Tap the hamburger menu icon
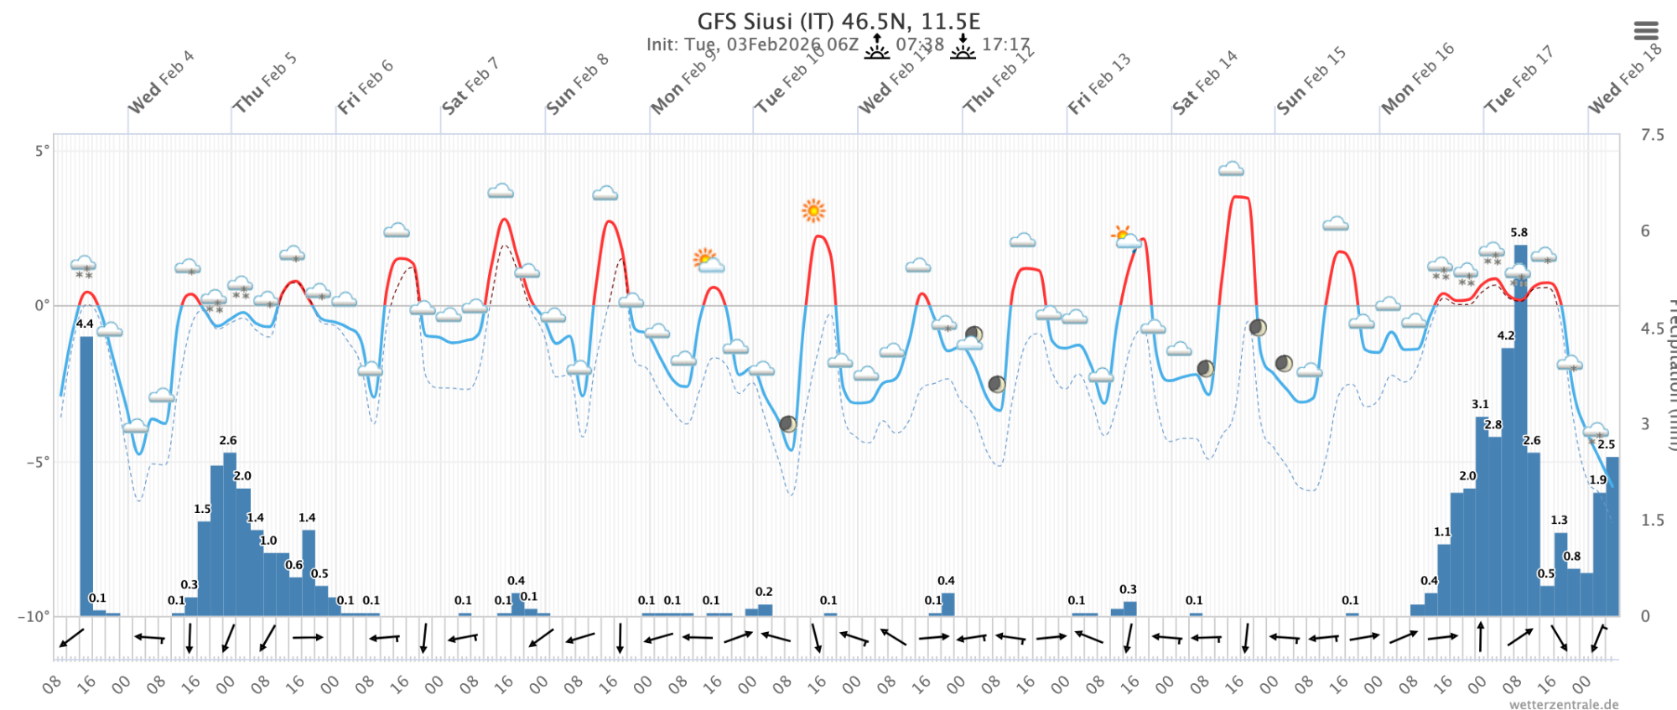tap(1646, 31)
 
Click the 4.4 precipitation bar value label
tap(85, 324)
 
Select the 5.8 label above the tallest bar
tap(1519, 232)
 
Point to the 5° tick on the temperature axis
tap(42, 151)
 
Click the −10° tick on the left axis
tap(34, 616)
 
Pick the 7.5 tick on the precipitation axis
tap(1652, 135)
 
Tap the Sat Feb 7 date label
tap(470, 86)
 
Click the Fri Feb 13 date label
tap(1099, 83)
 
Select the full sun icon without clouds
tap(813, 210)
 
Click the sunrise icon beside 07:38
tap(877, 46)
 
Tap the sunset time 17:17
tap(1005, 44)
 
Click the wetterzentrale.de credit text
tap(1564, 704)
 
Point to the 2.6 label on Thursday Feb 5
tap(228, 440)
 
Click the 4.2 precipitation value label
tap(1506, 335)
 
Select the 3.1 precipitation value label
tap(1480, 404)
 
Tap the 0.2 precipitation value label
tap(764, 592)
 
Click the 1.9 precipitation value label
tap(1597, 480)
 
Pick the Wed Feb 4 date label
tap(160, 82)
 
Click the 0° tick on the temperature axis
tap(42, 306)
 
